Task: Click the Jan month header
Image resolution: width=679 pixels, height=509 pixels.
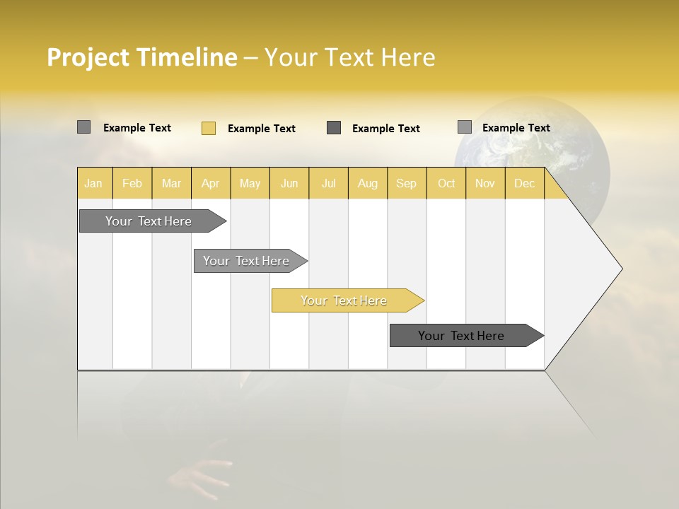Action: (93, 183)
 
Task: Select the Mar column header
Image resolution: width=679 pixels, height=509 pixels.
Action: (171, 183)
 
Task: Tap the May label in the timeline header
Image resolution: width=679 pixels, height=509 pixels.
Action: (250, 183)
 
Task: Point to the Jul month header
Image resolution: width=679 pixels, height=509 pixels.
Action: (328, 183)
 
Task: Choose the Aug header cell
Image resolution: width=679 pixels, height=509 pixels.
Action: (367, 183)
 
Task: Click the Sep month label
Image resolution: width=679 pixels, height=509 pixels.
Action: (406, 183)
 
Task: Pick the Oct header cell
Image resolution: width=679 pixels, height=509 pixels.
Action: (446, 183)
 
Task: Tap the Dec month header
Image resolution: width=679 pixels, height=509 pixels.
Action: (524, 183)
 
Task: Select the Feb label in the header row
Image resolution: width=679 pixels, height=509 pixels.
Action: (132, 183)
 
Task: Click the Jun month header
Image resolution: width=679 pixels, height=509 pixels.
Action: (289, 183)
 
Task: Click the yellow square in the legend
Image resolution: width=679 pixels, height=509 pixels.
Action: (209, 128)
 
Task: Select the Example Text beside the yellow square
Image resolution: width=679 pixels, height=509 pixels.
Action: (261, 129)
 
